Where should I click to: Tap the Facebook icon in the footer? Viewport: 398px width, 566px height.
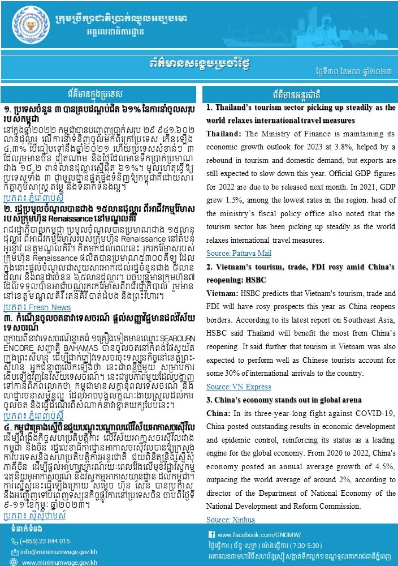pyautogui.click(x=211, y=535)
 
